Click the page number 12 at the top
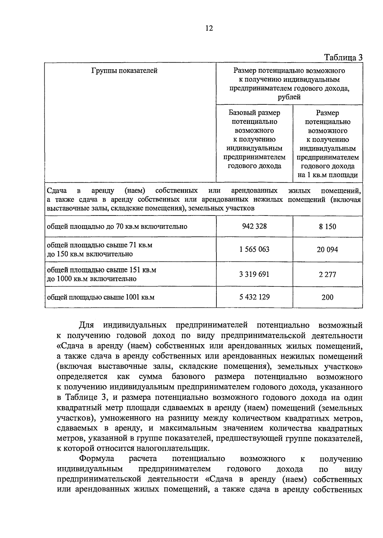(x=209, y=28)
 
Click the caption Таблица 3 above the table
(x=343, y=57)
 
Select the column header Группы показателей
(x=124, y=71)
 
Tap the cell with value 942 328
(x=254, y=226)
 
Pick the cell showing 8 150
(x=327, y=227)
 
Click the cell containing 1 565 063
(x=254, y=249)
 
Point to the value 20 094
(x=327, y=250)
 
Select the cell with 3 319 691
(x=254, y=274)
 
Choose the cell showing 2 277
(x=327, y=275)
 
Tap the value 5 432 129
(x=254, y=297)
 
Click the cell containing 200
(x=327, y=297)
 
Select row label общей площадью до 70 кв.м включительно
(x=117, y=227)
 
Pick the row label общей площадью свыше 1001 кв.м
(x=101, y=297)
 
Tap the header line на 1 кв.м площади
(x=327, y=175)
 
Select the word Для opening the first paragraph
(x=86, y=325)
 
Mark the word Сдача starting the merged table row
(x=57, y=191)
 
